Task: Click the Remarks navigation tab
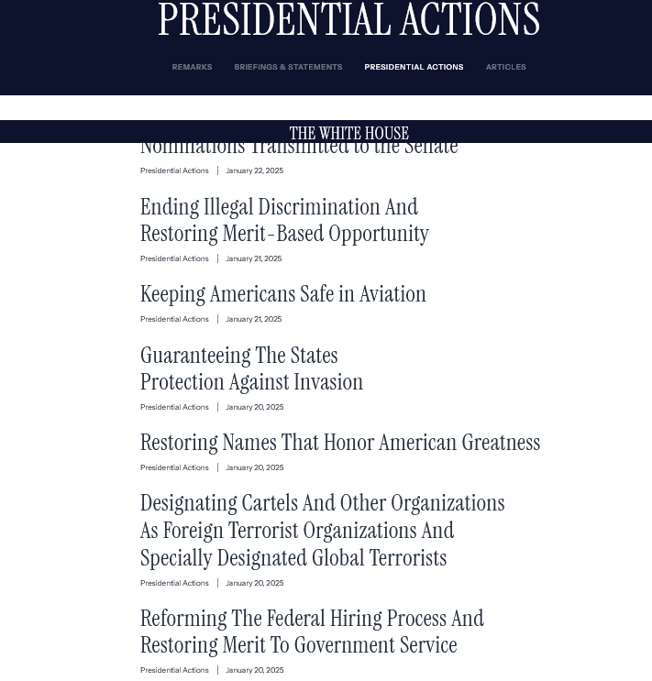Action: click(x=192, y=67)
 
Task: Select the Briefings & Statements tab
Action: click(x=288, y=67)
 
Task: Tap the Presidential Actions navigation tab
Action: click(x=414, y=67)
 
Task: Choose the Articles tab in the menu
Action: click(x=505, y=67)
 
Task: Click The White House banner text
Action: click(x=348, y=134)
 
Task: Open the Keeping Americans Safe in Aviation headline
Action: click(x=282, y=294)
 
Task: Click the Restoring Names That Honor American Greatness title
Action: click(x=339, y=443)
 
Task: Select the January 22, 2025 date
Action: click(x=254, y=170)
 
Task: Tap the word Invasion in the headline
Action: click(x=328, y=382)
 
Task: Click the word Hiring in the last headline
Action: click(x=349, y=619)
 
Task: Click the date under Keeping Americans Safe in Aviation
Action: click(x=253, y=319)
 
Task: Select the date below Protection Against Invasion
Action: click(x=254, y=407)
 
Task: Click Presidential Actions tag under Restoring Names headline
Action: click(x=174, y=467)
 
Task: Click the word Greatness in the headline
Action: click(x=501, y=443)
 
